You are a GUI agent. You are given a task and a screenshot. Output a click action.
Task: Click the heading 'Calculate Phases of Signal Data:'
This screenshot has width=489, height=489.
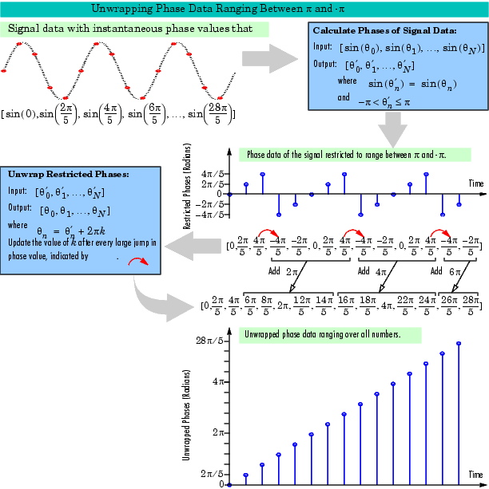(384, 30)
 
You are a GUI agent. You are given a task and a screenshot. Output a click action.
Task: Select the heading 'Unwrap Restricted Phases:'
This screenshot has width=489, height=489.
(69, 174)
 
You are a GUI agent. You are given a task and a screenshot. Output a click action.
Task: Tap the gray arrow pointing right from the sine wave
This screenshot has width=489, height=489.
(270, 58)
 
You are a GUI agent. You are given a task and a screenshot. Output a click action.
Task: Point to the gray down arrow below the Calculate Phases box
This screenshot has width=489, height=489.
(393, 130)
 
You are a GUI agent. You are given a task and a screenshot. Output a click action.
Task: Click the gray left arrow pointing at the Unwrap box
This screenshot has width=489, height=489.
(193, 246)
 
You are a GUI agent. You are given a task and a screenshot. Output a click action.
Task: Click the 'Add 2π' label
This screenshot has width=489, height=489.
(283, 272)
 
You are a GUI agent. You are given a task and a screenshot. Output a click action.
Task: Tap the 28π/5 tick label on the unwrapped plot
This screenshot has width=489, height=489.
(210, 341)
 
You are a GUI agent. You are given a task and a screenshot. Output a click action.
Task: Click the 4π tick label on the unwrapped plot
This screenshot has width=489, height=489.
(218, 381)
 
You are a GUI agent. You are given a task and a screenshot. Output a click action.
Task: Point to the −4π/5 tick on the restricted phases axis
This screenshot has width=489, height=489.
(210, 215)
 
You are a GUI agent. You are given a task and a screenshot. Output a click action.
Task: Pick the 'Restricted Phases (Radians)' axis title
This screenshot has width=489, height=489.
(186, 187)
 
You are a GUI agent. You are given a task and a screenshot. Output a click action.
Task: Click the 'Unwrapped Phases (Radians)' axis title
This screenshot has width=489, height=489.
(186, 415)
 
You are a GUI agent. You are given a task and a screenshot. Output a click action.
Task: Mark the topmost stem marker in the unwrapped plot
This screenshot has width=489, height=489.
(459, 343)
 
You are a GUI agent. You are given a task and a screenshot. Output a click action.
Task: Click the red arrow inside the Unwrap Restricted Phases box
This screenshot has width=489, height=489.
(138, 262)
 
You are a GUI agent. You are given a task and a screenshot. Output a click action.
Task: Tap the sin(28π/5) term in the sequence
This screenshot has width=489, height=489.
(211, 114)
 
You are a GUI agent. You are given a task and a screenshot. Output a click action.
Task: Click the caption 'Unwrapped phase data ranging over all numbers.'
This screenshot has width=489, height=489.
(323, 334)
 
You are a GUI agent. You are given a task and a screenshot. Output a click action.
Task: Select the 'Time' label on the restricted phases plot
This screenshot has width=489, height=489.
(476, 183)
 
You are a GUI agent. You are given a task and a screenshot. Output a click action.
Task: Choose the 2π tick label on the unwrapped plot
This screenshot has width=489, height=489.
(218, 432)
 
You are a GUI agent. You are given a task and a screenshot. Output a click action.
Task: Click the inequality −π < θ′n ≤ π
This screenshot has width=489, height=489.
(384, 102)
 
